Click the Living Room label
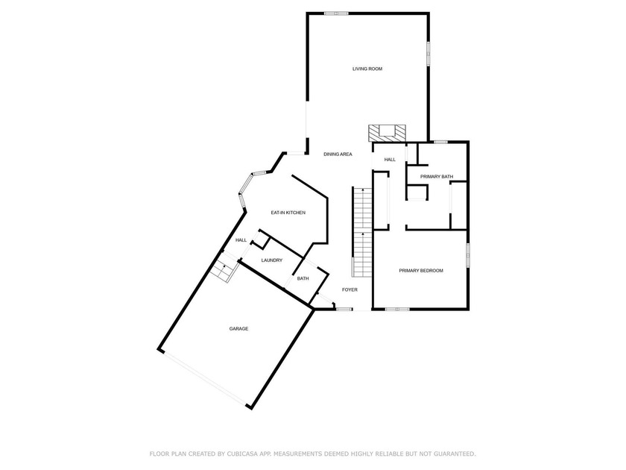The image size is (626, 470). pyautogui.click(x=367, y=69)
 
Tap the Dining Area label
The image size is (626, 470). pyautogui.click(x=338, y=154)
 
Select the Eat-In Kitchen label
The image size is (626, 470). pyautogui.click(x=288, y=213)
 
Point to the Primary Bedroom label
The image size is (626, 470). pyautogui.click(x=421, y=270)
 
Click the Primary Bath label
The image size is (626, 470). pyautogui.click(x=437, y=176)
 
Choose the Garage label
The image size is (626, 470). pyautogui.click(x=238, y=329)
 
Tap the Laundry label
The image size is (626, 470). pyautogui.click(x=271, y=260)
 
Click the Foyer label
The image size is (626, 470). pyautogui.click(x=350, y=289)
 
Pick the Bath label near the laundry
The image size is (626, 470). pyautogui.click(x=303, y=279)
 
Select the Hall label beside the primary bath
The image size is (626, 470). pyautogui.click(x=390, y=160)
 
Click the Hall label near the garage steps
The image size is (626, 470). pyautogui.click(x=241, y=240)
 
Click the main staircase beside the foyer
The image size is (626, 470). pyautogui.click(x=361, y=231)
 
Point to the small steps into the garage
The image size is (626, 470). pyautogui.click(x=222, y=270)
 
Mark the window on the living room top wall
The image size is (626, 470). pyautogui.click(x=336, y=13)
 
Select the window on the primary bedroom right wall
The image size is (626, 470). pyautogui.click(x=468, y=254)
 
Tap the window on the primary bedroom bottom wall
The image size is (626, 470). pyautogui.click(x=397, y=309)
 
